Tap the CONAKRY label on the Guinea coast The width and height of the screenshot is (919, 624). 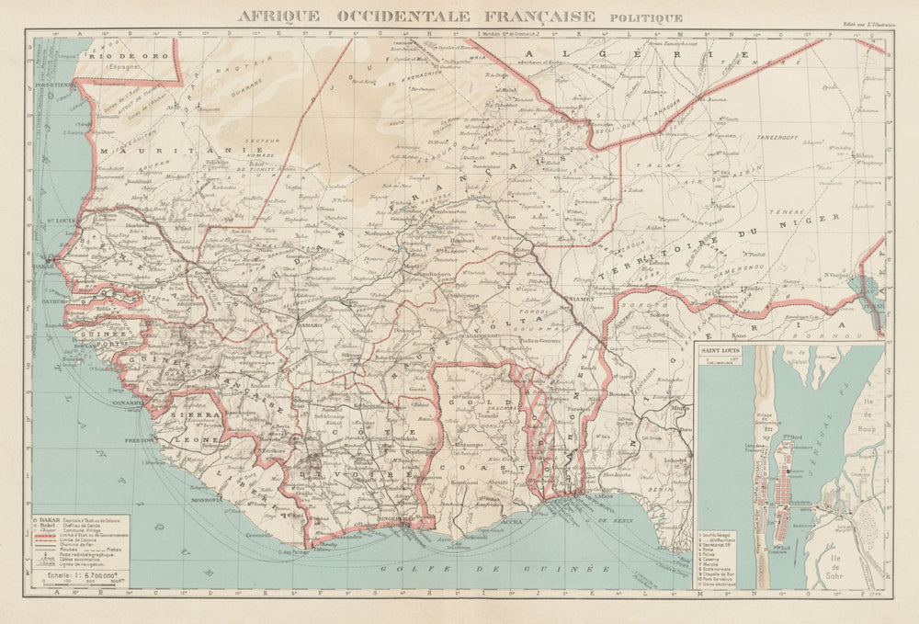(x=126, y=403)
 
